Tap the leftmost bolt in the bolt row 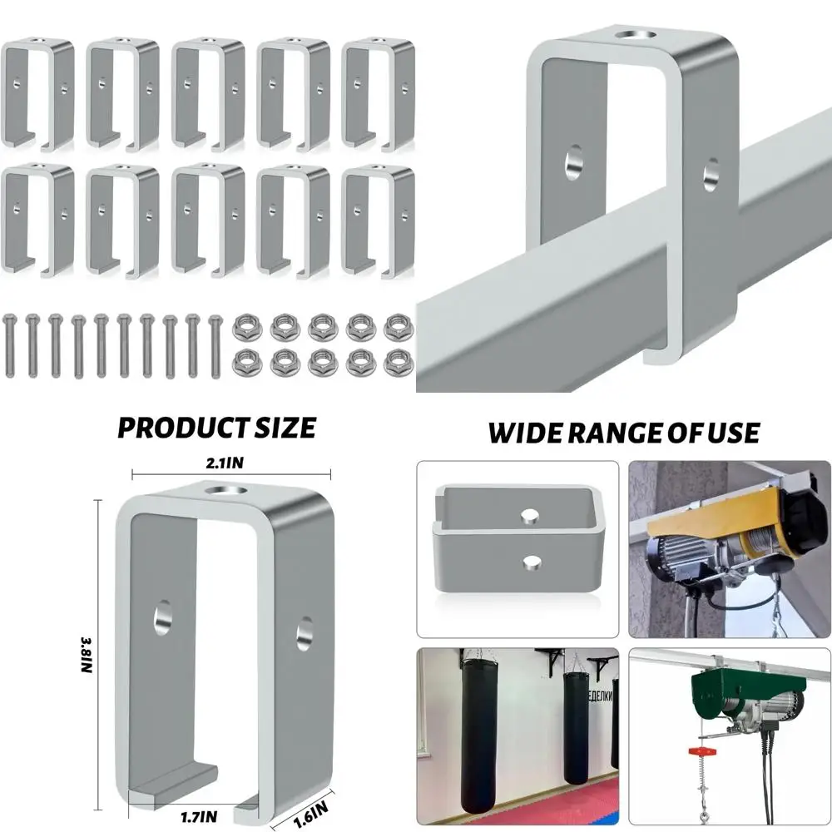[x=10, y=345]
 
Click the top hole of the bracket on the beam [x=632, y=34]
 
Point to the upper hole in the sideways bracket [x=526, y=517]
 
